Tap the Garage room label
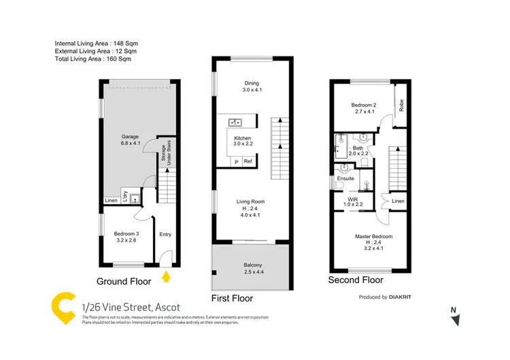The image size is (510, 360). tap(130, 137)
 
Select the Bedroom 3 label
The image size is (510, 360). tap(127, 234)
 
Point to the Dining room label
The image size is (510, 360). tap(252, 84)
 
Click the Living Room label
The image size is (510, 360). tap(251, 202)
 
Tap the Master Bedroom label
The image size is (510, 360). tap(374, 237)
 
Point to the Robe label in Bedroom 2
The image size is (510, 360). tap(402, 106)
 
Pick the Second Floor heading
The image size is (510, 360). tap(356, 280)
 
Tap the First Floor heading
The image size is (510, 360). tap(233, 298)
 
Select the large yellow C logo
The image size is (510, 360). tap(63, 309)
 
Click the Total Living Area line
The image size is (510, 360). tap(93, 59)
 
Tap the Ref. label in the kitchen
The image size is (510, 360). tap(248, 161)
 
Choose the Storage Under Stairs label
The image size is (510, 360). tap(165, 156)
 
